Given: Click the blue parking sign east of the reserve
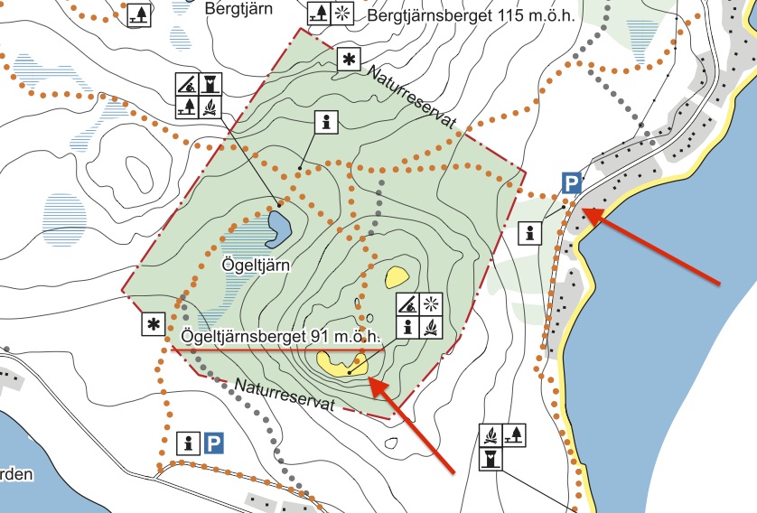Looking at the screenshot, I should coord(571,184).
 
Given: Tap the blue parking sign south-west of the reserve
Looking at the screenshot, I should coord(213,443).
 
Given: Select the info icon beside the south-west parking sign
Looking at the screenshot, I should coord(190,443).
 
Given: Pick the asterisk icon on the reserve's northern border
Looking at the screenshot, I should coord(348,61).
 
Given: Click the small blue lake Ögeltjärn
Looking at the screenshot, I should coord(278,229).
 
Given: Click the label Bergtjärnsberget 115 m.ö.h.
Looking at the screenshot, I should coord(472,16).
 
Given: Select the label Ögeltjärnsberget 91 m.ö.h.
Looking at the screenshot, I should coord(281,336).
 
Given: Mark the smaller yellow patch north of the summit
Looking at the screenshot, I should coord(397,275).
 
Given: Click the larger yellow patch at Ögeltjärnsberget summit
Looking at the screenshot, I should coord(341,362).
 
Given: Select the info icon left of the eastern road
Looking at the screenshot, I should coord(530,232).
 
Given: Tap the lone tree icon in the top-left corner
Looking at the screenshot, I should coord(138,14).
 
